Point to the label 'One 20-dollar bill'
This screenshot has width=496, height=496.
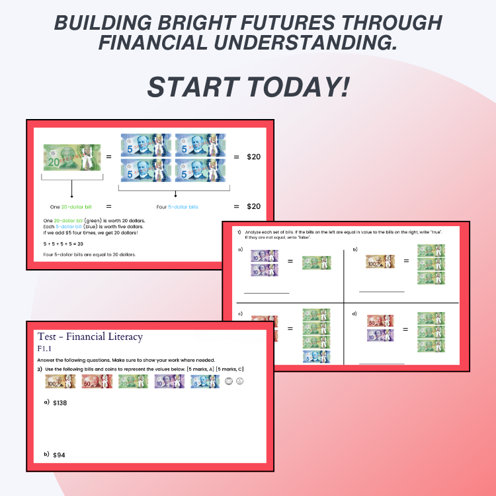click(69, 206)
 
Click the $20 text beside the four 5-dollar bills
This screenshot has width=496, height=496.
click(253, 157)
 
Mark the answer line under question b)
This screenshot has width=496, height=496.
click(381, 291)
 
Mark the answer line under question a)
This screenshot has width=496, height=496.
click(267, 292)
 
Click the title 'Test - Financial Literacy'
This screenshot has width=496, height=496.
click(90, 337)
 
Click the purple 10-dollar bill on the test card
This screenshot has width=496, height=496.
click(169, 382)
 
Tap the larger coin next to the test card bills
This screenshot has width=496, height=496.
click(229, 381)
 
